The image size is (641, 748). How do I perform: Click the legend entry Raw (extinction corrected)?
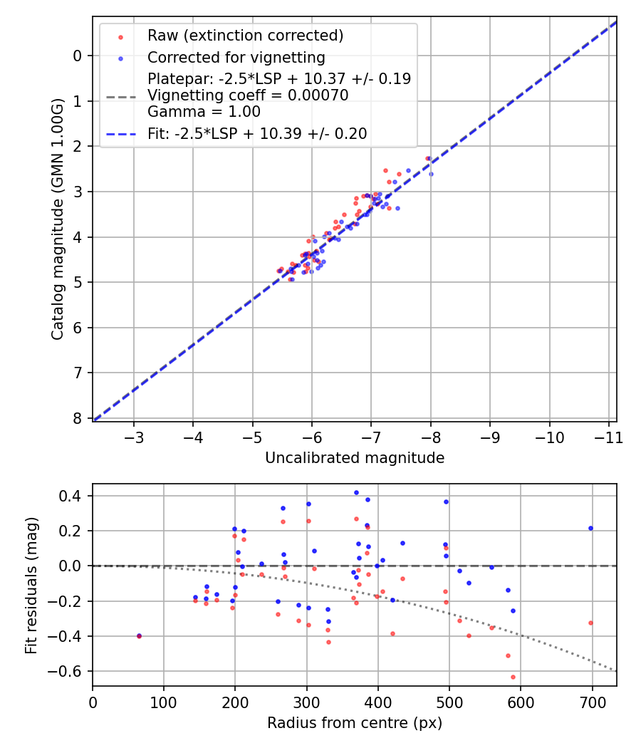tap(245, 36)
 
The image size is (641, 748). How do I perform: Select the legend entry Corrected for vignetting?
tap(236, 57)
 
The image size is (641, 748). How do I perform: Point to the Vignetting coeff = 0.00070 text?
tap(248, 95)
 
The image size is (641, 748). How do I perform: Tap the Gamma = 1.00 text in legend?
tap(204, 112)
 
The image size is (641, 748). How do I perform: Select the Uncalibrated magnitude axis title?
tap(354, 458)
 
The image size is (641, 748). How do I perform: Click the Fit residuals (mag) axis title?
tap(31, 586)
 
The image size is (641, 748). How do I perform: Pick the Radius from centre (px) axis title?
tap(354, 723)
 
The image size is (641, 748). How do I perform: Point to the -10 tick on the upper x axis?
tap(549, 436)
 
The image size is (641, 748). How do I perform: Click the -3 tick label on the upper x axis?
tap(134, 436)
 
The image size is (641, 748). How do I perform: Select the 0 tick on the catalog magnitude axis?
tap(78, 56)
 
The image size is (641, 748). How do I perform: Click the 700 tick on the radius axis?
tap(592, 701)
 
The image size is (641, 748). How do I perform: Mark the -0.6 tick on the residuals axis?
tap(69, 671)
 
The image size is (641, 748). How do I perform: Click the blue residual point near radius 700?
tap(590, 528)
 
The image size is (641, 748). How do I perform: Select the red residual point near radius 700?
tap(590, 623)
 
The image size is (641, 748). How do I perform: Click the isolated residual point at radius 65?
tap(139, 635)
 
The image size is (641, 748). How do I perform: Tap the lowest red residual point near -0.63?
tap(513, 677)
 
